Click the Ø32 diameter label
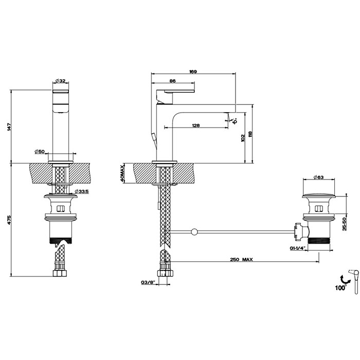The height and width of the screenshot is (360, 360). pyautogui.click(x=61, y=81)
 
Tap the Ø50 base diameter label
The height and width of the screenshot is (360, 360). pyautogui.click(x=40, y=151)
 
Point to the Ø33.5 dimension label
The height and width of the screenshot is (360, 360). pyautogui.click(x=82, y=191)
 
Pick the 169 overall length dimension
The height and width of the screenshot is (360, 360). pyautogui.click(x=193, y=71)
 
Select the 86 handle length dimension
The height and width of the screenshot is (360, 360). pyautogui.click(x=173, y=81)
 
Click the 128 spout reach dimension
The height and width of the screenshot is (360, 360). pyautogui.click(x=195, y=125)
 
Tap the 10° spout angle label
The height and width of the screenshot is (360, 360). pyautogui.click(x=235, y=121)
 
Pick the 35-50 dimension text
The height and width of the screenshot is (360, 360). pyautogui.click(x=344, y=224)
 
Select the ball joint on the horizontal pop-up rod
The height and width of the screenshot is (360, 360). pyautogui.click(x=194, y=232)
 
